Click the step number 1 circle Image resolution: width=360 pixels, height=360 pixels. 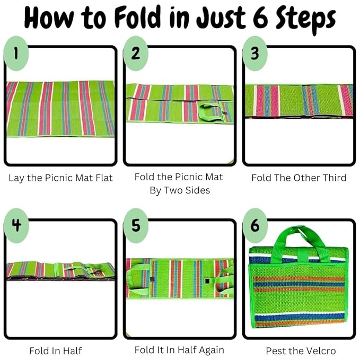(x=16, y=53)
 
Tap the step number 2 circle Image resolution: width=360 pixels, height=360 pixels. (x=135, y=53)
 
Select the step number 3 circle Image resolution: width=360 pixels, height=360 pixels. (x=255, y=53)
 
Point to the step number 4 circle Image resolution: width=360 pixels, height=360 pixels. (x=16, y=225)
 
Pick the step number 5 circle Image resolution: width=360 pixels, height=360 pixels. (x=135, y=225)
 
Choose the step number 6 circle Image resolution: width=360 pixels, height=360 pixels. (x=255, y=225)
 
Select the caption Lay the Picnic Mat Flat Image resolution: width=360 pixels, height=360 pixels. (x=60, y=178)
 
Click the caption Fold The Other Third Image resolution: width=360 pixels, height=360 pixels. (x=299, y=178)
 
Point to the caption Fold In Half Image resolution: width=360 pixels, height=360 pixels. (x=56, y=351)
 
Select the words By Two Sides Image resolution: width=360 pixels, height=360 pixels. (x=180, y=190)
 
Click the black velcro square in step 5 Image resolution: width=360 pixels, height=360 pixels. (x=207, y=281)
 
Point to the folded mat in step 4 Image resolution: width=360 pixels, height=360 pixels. (x=60, y=271)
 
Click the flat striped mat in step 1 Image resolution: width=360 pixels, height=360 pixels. (x=60, y=109)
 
